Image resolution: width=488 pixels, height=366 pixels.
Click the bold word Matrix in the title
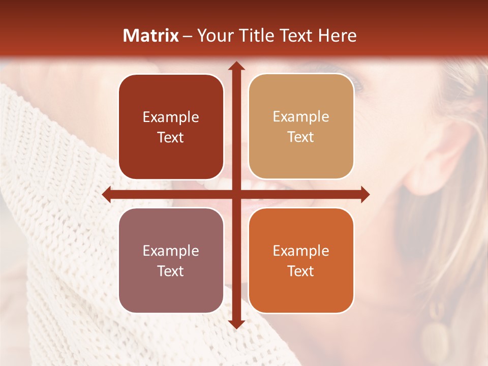pyautogui.click(x=151, y=36)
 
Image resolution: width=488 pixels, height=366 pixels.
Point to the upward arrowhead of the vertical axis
pyautogui.click(x=236, y=66)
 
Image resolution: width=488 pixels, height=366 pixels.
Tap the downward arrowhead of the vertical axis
pyautogui.click(x=236, y=324)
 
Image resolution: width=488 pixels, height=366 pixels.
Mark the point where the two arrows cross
pyautogui.click(x=236, y=195)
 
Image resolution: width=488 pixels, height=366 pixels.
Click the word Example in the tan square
pyautogui.click(x=301, y=117)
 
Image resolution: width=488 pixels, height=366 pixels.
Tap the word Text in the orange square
pyautogui.click(x=301, y=271)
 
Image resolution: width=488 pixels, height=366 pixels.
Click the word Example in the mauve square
pyautogui.click(x=171, y=251)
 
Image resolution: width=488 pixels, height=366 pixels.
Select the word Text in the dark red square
pyautogui.click(x=171, y=137)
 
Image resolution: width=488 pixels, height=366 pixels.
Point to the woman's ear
pyautogui.click(x=432, y=152)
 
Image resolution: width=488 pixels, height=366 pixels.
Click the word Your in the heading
pyautogui.click(x=214, y=36)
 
